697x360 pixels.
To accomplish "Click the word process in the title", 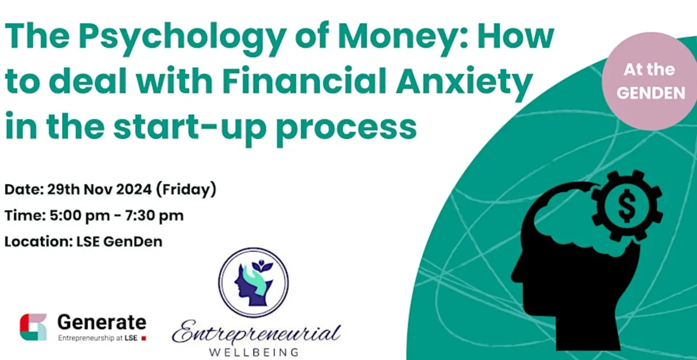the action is (346, 128).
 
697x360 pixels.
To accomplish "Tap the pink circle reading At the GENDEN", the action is (649, 81).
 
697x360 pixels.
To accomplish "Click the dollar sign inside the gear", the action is (627, 206).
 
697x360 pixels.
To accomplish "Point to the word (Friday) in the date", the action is (186, 189).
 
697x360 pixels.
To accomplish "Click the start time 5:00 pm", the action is (80, 216).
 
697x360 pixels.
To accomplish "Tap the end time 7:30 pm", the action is (154, 216).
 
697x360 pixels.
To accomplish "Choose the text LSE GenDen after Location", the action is (119, 242).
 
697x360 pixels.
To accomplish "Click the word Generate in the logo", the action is (102, 322).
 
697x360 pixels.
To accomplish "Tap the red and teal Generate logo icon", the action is (33, 327).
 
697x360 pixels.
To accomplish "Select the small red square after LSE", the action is (144, 338).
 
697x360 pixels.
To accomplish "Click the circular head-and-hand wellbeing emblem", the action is (253, 282).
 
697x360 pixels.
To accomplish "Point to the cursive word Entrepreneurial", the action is (256, 333).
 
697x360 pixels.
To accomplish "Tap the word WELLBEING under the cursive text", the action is (254, 353).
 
